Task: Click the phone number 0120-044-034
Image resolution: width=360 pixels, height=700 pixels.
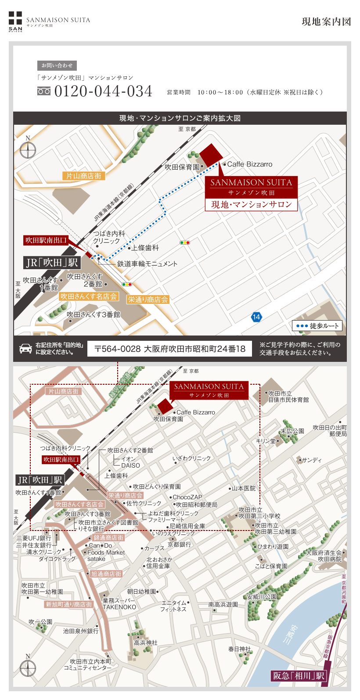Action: pos(103,91)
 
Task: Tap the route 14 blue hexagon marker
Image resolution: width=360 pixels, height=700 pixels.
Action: pos(256,317)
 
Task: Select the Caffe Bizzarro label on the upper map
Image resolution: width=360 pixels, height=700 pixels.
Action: pos(249,164)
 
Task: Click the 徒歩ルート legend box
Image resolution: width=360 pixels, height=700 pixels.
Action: pos(317,326)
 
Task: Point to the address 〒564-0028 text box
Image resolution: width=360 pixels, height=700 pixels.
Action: pos(169,349)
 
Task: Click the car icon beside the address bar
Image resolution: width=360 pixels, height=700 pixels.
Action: pos(25,349)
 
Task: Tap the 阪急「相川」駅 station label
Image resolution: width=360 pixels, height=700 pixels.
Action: pos(299,676)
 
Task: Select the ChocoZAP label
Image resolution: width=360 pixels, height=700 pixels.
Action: pos(187,497)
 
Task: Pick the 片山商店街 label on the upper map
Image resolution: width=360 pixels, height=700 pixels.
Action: pos(84,176)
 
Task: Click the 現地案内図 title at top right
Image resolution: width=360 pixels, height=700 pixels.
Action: pos(326,22)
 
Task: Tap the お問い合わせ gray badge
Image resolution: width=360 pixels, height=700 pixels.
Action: pos(57,65)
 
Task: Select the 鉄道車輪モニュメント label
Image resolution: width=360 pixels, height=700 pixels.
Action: pos(147,264)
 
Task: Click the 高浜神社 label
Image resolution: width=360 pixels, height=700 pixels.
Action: pos(145,643)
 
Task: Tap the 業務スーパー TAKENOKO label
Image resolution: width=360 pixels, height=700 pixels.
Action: pos(119,604)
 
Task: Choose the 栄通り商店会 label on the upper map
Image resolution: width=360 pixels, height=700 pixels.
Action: pos(148,299)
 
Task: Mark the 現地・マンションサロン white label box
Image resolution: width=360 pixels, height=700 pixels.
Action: pos(251,205)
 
